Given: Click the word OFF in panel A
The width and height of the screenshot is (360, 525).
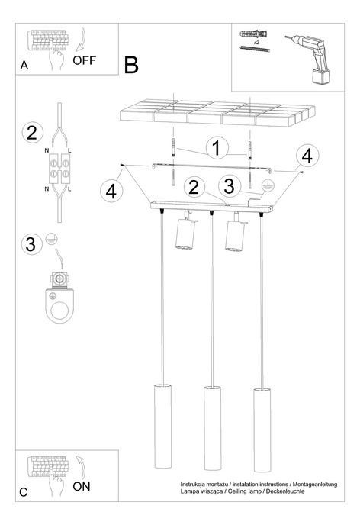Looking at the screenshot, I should (x=85, y=61).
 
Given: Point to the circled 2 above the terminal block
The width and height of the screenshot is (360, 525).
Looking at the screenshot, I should (x=31, y=133).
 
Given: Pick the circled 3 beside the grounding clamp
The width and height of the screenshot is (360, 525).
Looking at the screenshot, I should (x=31, y=244).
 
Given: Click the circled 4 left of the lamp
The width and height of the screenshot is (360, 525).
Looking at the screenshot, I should (x=111, y=190).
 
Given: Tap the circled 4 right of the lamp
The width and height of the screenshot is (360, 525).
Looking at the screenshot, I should (x=307, y=156).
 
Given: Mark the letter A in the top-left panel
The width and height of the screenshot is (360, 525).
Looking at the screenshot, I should (x=24, y=66).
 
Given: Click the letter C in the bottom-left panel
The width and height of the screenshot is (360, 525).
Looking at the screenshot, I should (x=24, y=492).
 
